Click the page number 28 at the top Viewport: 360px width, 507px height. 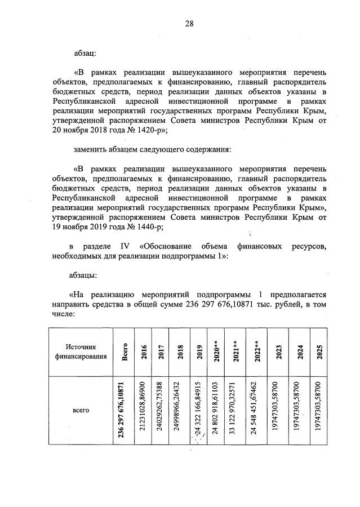189,23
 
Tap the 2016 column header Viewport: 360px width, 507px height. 145,352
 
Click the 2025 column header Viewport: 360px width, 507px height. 319,352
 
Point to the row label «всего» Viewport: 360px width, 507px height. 82,410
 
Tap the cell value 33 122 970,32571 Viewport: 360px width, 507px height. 232,410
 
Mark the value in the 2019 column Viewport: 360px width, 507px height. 197,410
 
